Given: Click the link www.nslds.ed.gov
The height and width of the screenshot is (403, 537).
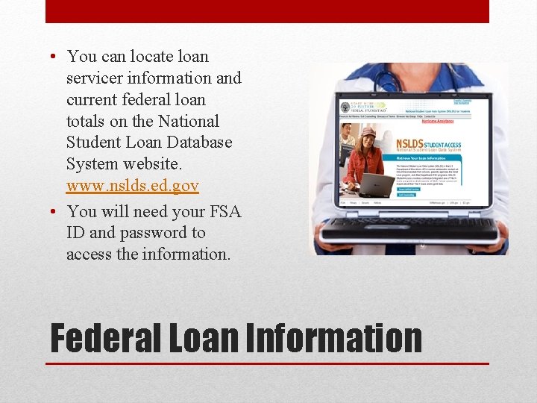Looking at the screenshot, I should [132, 186].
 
